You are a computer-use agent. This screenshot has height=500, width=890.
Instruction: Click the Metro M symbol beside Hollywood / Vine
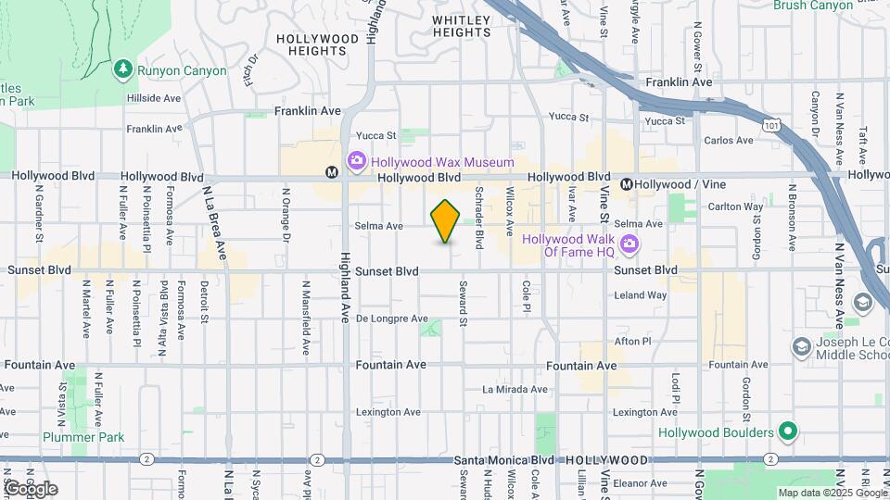point(627,184)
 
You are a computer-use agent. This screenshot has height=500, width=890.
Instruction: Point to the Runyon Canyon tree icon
point(122,69)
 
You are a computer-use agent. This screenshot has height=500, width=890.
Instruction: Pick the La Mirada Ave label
point(515,390)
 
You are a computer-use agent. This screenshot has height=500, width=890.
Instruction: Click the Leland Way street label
point(641,295)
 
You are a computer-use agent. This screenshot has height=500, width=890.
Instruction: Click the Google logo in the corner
point(30,488)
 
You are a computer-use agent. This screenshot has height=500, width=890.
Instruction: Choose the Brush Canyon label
point(813,6)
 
